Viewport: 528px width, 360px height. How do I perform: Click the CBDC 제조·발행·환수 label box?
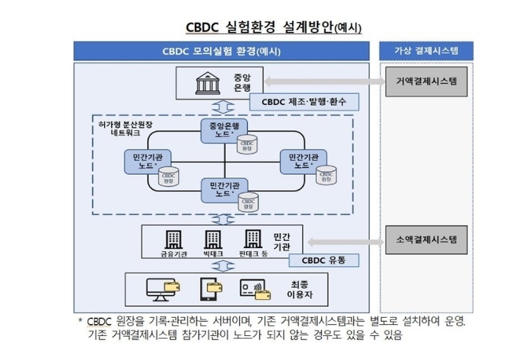(x=304, y=101)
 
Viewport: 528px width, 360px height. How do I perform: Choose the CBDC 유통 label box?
(x=324, y=261)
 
